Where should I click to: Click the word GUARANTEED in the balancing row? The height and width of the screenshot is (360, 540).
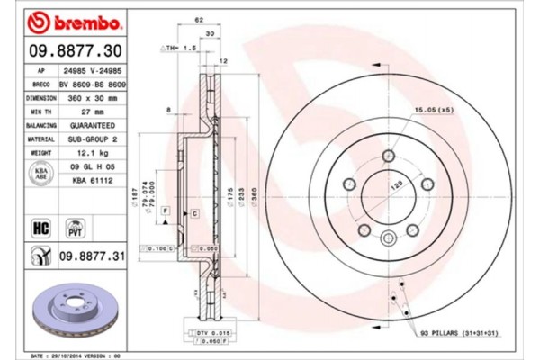point(89,126)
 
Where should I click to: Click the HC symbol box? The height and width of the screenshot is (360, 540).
point(40,228)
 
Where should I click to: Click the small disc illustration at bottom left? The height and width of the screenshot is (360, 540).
point(67,310)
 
